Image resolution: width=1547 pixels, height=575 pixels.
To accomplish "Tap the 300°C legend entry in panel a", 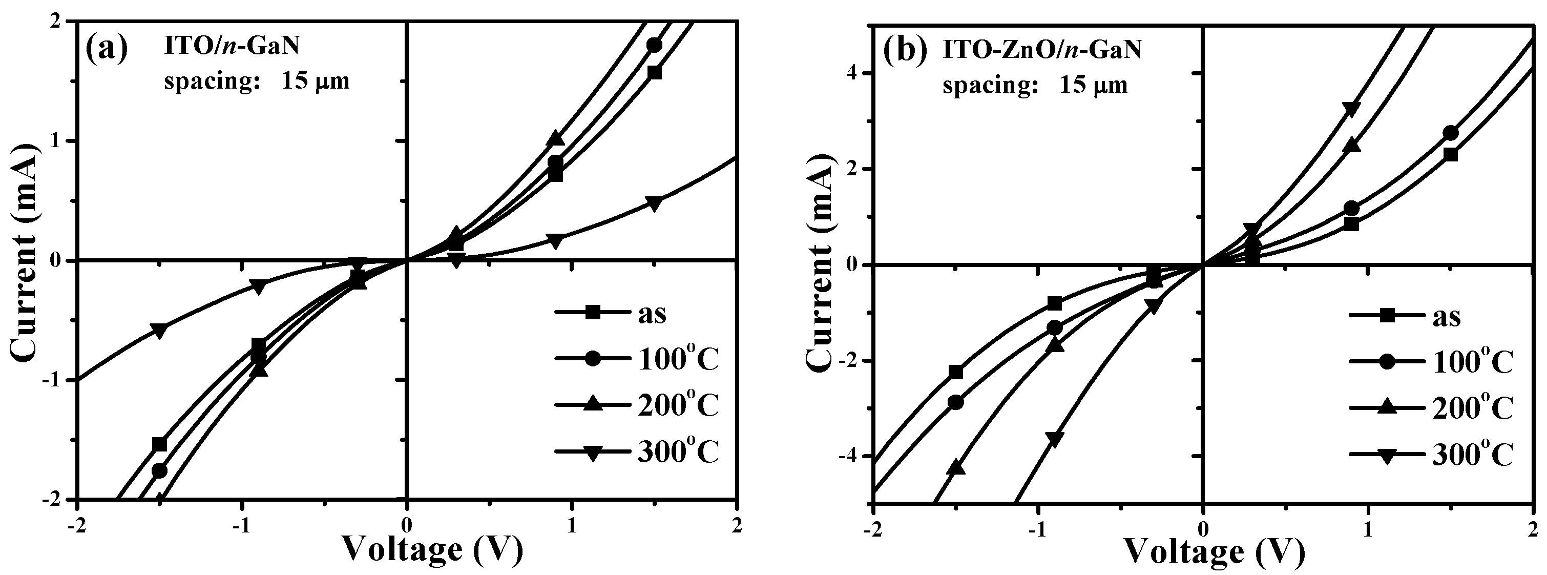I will [637, 453].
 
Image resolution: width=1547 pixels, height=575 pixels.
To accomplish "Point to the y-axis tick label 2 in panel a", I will [59, 21].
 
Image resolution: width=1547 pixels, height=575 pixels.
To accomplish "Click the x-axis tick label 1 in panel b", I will [1368, 529].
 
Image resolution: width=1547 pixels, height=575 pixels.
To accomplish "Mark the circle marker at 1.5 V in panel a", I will [655, 46].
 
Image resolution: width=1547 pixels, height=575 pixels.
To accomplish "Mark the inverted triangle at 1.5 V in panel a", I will [655, 203].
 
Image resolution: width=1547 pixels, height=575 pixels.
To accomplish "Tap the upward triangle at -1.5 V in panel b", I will [958, 467].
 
